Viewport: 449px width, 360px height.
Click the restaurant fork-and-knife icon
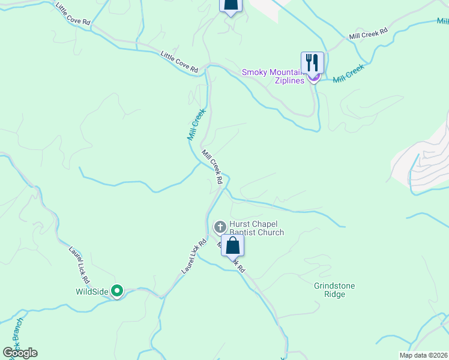click(x=312, y=62)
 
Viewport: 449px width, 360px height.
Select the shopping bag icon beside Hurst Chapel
click(x=232, y=245)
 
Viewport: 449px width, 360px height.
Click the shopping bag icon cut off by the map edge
click(x=231, y=5)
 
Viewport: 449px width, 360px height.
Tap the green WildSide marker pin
click(x=118, y=292)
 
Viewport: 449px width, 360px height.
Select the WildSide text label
click(x=92, y=292)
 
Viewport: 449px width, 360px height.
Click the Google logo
click(x=20, y=353)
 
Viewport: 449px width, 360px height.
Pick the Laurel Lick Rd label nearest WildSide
click(x=80, y=265)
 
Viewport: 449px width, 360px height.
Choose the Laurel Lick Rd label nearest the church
click(x=194, y=257)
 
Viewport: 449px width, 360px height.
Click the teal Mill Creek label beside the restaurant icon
click(x=349, y=73)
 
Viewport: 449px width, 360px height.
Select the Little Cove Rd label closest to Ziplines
click(x=179, y=62)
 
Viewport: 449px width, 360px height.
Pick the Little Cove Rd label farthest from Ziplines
click(x=73, y=13)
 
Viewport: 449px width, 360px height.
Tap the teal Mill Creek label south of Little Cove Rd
click(x=196, y=124)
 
